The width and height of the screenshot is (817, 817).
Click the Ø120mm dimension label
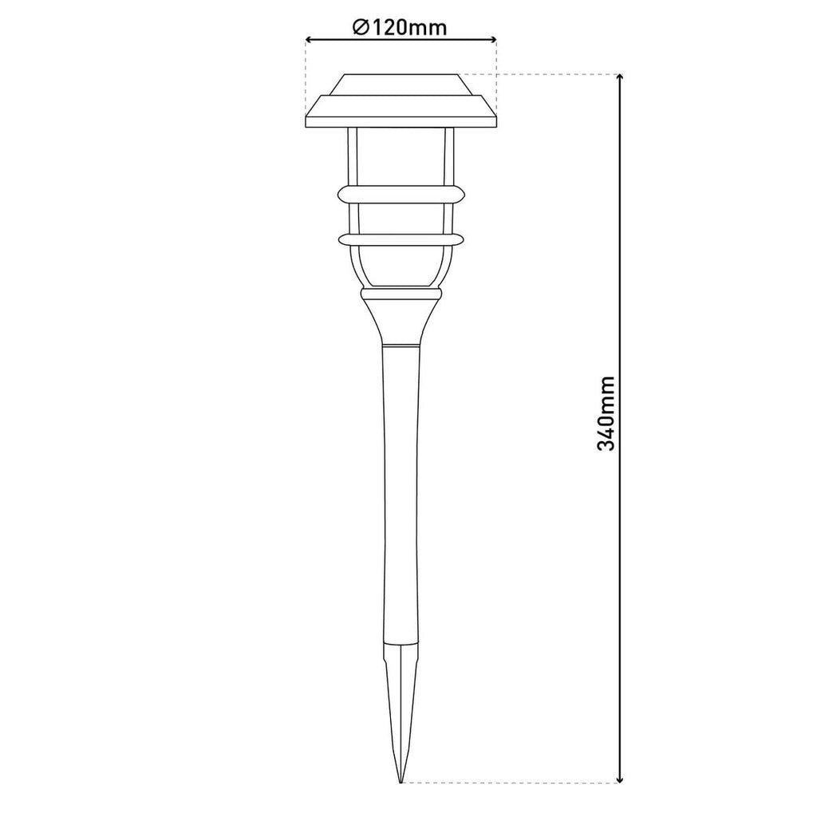[400, 26]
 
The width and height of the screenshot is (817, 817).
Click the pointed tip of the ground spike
[401, 781]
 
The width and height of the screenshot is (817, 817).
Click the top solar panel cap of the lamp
[401, 85]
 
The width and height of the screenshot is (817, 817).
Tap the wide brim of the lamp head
[401, 112]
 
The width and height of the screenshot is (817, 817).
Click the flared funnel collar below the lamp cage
[401, 316]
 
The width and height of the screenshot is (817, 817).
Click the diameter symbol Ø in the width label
[359, 26]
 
